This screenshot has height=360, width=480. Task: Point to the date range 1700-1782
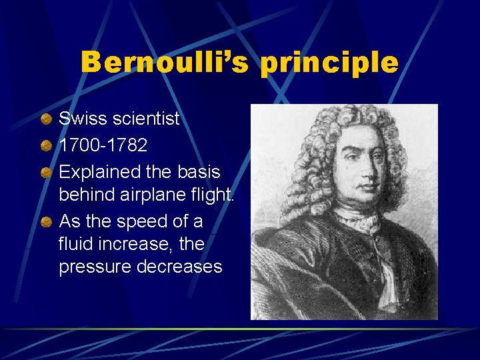[x=103, y=145]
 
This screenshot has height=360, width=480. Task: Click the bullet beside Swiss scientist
[x=45, y=119]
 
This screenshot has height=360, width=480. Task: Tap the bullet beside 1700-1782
[x=45, y=145]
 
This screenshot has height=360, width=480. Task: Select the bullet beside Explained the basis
[x=45, y=171]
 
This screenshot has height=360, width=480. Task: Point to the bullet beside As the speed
[x=45, y=221]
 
